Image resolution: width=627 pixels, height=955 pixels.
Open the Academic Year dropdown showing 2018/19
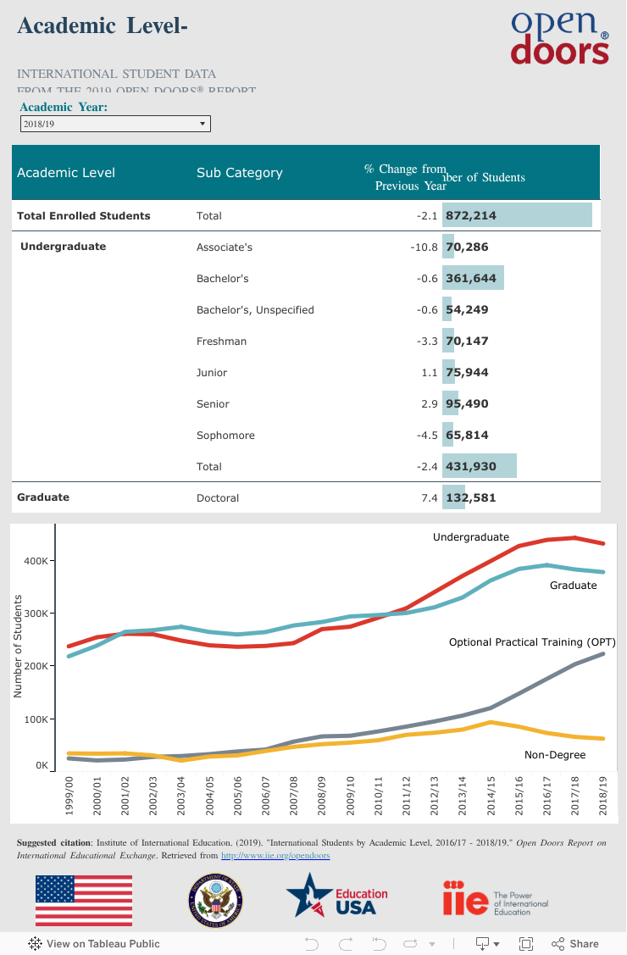[115, 124]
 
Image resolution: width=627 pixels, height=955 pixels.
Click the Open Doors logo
[559, 37]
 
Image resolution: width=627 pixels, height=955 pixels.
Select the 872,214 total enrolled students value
[471, 216]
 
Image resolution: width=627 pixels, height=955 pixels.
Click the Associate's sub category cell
[225, 247]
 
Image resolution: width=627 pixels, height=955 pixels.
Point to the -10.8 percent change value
[423, 247]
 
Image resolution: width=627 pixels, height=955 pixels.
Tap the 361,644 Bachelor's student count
[472, 279]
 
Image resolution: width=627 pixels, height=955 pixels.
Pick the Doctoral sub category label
[218, 498]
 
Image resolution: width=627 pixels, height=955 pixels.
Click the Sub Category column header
[239, 173]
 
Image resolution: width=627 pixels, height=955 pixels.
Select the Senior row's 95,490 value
[467, 404]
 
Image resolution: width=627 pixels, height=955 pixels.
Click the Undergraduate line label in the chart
[471, 537]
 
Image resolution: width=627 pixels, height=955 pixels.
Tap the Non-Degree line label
[555, 754]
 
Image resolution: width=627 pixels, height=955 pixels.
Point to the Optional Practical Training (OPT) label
[532, 643]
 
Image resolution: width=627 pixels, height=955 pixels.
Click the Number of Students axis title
[17, 646]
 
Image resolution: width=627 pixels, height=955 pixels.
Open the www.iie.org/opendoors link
[275, 856]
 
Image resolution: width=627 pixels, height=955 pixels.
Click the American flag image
[83, 901]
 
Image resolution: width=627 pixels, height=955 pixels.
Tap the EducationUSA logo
[336, 901]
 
